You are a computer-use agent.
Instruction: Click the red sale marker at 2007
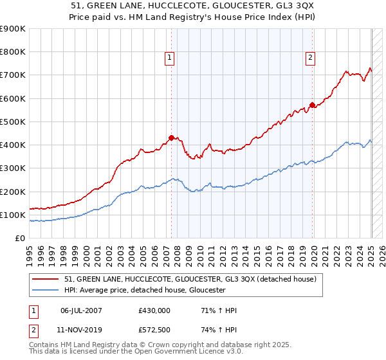pyautogui.click(x=171, y=137)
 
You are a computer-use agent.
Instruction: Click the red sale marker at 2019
pyautogui.click(x=312, y=105)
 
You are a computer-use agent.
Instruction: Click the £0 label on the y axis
pyautogui.click(x=19, y=238)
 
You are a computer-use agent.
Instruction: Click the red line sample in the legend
pyautogui.click(x=45, y=280)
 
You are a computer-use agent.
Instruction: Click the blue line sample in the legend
pyautogui.click(x=45, y=291)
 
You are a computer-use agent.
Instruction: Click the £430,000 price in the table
pyautogui.click(x=154, y=310)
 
